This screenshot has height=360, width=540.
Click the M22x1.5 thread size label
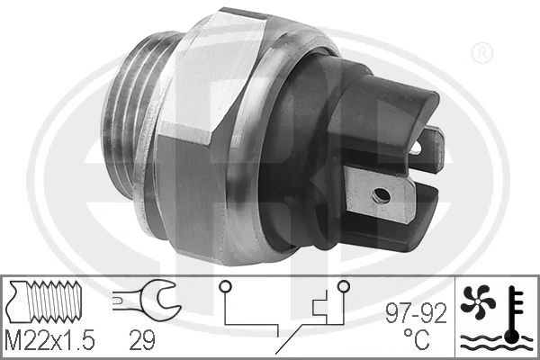(x=50, y=340)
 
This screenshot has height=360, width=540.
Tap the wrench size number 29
(x=142, y=340)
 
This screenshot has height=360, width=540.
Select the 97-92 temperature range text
(x=416, y=313)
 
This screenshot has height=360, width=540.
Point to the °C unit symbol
(x=417, y=338)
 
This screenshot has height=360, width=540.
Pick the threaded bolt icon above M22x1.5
(x=45, y=301)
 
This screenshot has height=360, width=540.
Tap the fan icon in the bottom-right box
(x=478, y=301)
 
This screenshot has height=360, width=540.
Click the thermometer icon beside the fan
(x=513, y=314)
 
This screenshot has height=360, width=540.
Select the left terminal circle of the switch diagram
(x=226, y=286)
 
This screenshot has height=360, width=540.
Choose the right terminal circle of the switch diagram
(x=344, y=286)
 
